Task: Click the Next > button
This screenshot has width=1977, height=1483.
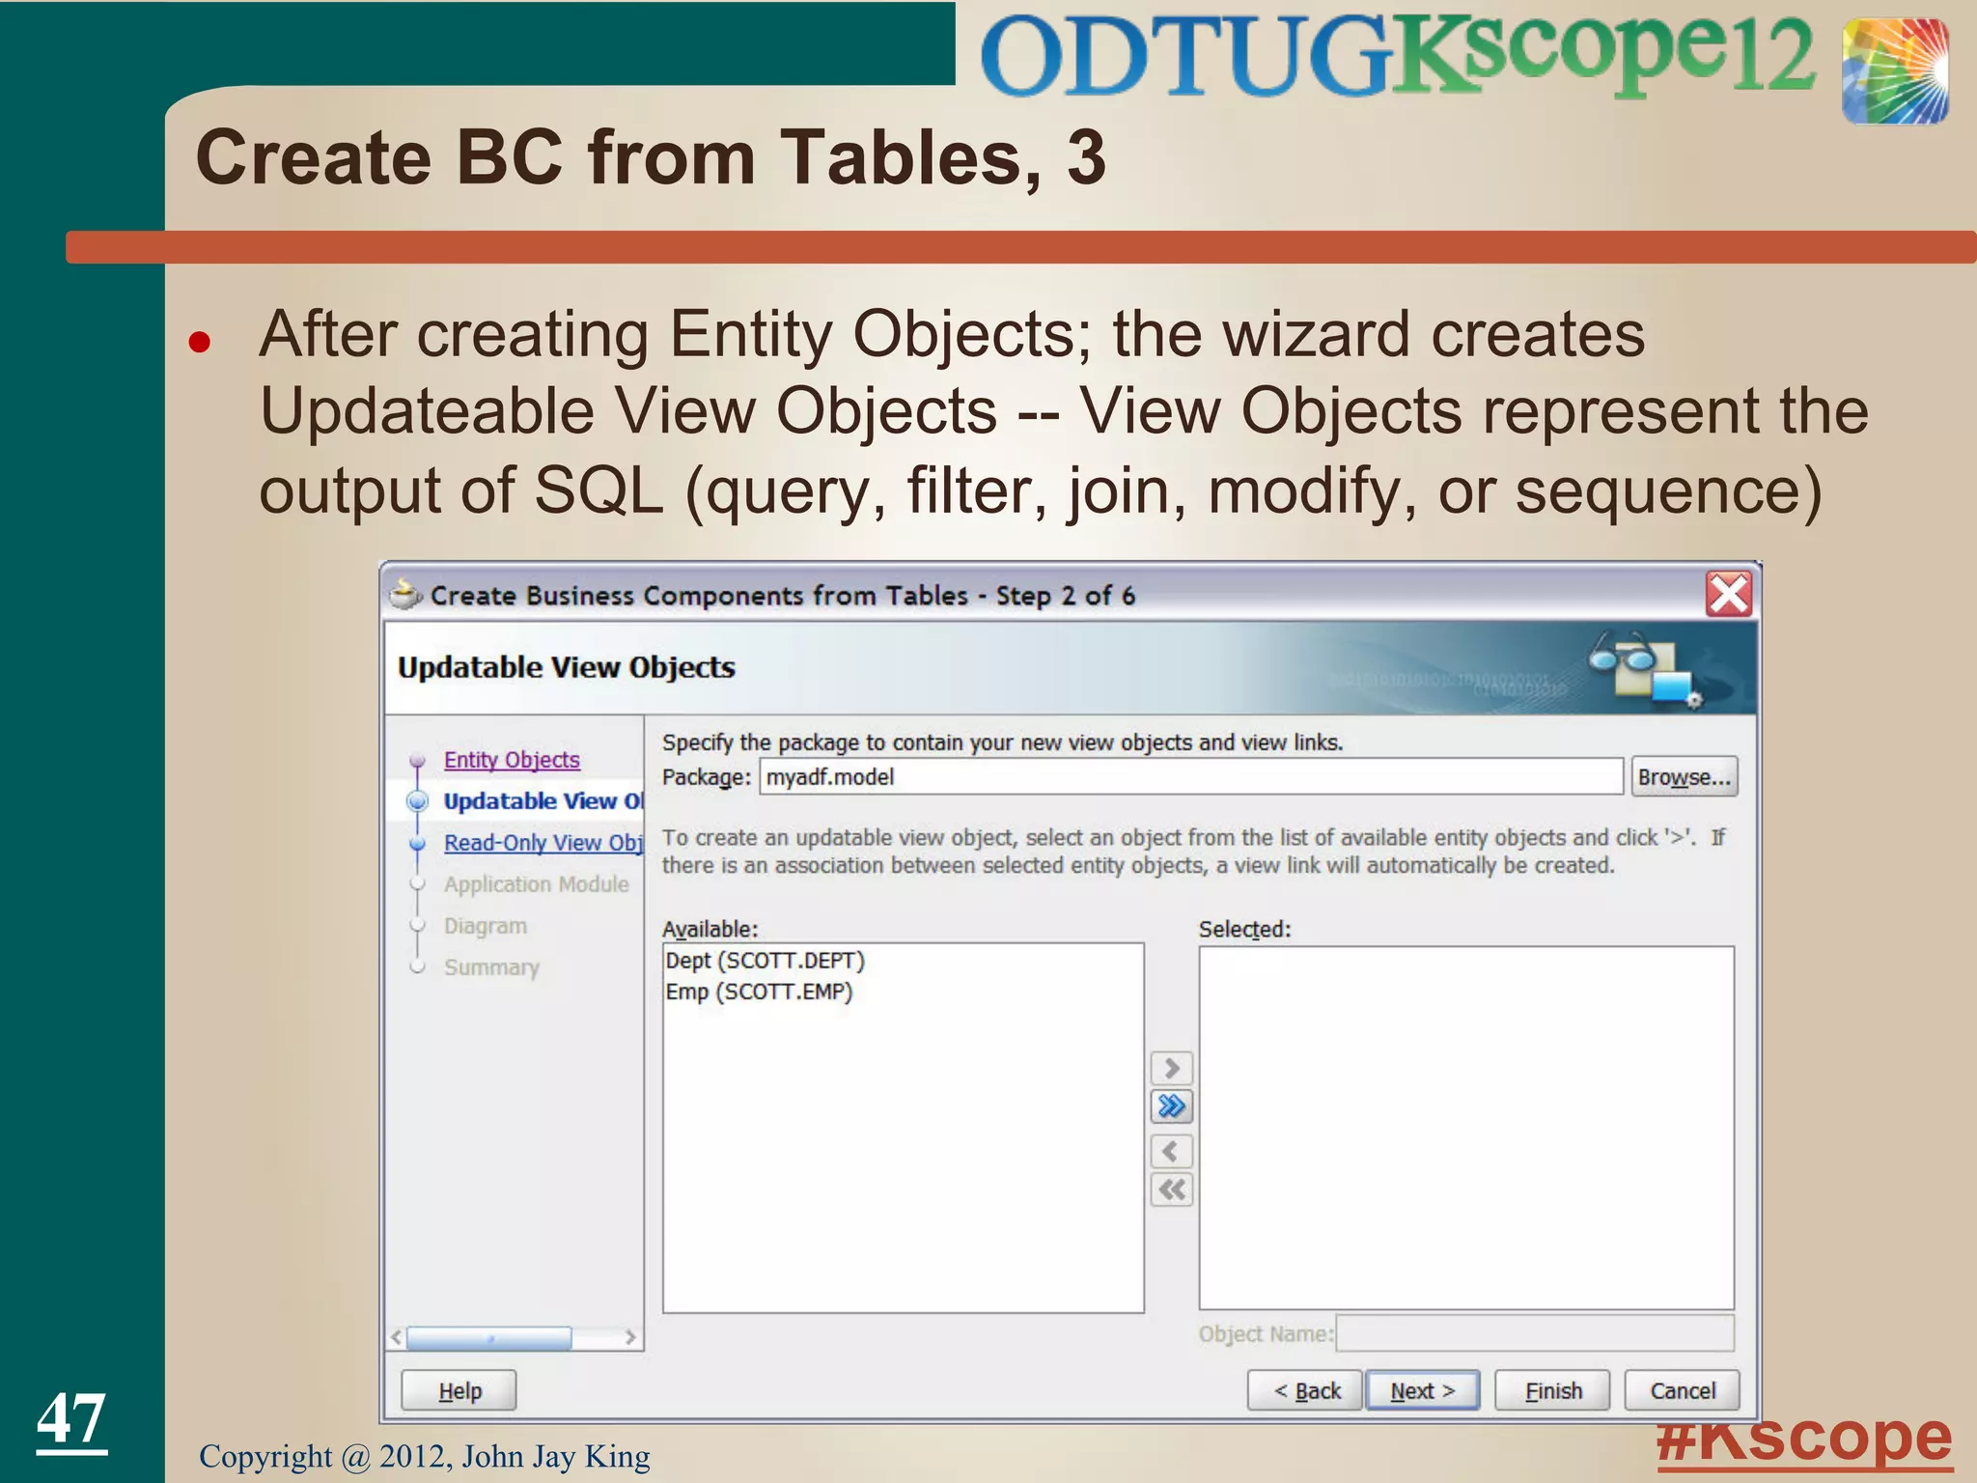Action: (1422, 1390)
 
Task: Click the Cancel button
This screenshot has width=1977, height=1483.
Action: (1682, 1390)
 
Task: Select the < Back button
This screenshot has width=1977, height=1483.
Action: (1305, 1390)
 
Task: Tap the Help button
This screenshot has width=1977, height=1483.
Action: (459, 1390)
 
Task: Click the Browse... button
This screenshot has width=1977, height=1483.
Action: (1684, 777)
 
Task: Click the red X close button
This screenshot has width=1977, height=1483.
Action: (1728, 594)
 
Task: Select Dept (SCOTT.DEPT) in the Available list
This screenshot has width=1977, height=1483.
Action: (765, 961)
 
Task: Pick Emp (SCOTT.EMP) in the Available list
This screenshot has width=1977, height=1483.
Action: (759, 992)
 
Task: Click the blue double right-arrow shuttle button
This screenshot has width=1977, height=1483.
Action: (1172, 1105)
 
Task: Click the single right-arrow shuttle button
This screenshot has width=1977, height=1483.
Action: (1172, 1068)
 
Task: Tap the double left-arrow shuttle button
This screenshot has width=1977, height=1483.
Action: (1172, 1189)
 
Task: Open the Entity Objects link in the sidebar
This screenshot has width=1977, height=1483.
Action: (512, 760)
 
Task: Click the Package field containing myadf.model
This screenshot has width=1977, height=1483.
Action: (1190, 777)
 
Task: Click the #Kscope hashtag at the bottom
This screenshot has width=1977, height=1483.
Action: (1803, 1441)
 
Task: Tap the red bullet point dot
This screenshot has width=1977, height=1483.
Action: (200, 342)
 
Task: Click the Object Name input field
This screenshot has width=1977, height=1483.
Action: (1535, 1333)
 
